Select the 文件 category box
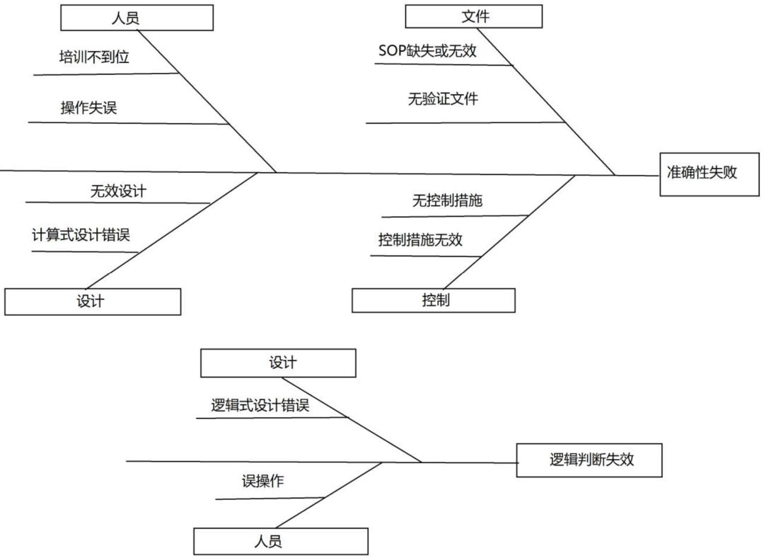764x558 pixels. pos(474,16)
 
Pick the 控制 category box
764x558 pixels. pos(434,300)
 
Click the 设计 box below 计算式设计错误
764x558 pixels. pos(92,301)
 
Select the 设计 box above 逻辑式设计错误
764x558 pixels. pos(278,363)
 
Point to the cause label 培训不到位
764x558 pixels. pos(94,57)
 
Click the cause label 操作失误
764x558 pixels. pos(88,108)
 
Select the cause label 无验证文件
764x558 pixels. pos(443,98)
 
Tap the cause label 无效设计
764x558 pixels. pos(118,190)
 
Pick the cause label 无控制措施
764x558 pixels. pos(447,201)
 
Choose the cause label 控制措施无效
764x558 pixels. pos(420,240)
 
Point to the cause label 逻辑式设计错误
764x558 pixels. pos(260,406)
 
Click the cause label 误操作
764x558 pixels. pos(262,482)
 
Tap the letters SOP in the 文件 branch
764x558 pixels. pos(392,51)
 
